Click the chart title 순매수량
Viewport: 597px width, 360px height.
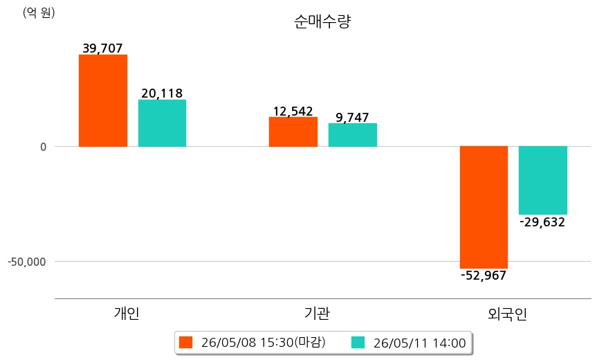[x=322, y=21]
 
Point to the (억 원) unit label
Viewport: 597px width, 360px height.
[x=39, y=13]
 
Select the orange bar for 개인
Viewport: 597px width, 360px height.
[x=103, y=100]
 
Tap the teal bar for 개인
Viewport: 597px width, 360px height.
[x=162, y=123]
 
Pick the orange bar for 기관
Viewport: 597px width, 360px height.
[x=293, y=132]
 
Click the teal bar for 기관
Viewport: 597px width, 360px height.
[x=353, y=135]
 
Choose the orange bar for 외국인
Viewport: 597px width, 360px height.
[x=484, y=207]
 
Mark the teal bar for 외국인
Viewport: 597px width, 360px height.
[x=543, y=180]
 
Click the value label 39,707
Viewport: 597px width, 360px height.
[x=103, y=48]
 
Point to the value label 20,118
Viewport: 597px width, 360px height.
[x=162, y=93]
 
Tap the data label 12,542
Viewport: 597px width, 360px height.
[x=293, y=111]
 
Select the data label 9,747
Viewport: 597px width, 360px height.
[x=353, y=117]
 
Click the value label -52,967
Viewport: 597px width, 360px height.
[x=484, y=276]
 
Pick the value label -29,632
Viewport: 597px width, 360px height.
[x=542, y=222]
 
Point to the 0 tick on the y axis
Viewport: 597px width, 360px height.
[x=44, y=147]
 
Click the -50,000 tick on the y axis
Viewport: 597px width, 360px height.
[x=27, y=262]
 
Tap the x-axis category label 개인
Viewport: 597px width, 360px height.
[x=127, y=313]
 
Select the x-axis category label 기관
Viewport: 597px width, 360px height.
[x=317, y=313]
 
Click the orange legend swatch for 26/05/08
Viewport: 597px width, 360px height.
[x=186, y=342]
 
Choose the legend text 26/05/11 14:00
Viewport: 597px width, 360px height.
[x=420, y=343]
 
